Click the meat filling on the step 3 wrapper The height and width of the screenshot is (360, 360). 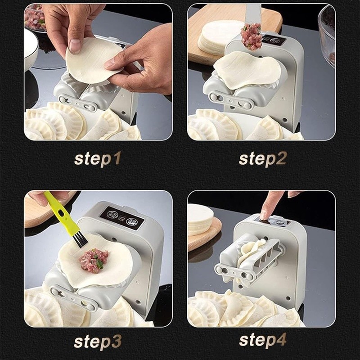point(94,260)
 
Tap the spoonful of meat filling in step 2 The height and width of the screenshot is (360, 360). point(251,36)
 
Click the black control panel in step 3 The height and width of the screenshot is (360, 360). point(121,218)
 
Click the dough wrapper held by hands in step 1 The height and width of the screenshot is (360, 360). point(90,61)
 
